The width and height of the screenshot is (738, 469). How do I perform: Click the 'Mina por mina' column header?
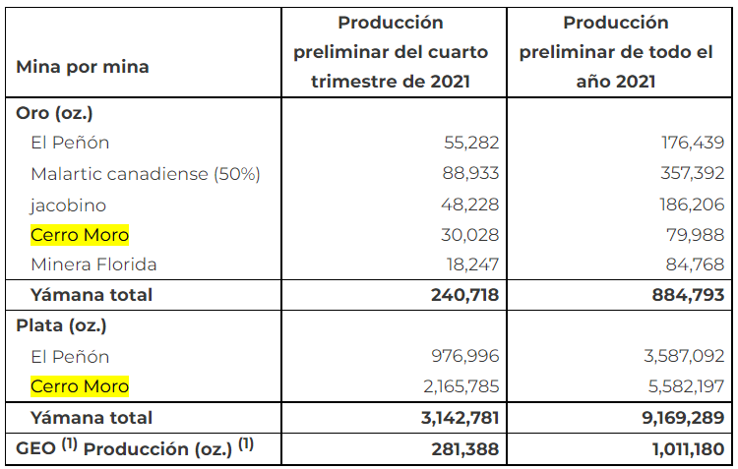tap(83, 68)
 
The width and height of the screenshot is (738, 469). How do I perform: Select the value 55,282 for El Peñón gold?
tap(471, 144)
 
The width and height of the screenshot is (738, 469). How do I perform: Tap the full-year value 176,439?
tap(694, 144)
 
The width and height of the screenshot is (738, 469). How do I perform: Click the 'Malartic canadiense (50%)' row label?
tap(145, 174)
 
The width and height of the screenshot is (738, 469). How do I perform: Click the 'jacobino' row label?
tap(68, 205)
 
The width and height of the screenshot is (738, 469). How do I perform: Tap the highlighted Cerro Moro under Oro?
tap(80, 235)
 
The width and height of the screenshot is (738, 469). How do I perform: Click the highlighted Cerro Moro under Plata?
tap(80, 386)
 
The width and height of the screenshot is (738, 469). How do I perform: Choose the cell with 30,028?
tap(471, 235)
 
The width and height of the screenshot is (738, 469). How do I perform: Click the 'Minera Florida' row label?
tap(93, 264)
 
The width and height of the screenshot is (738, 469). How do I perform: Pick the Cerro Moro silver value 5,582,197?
tap(684, 386)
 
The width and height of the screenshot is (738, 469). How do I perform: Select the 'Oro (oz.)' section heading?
tap(55, 113)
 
